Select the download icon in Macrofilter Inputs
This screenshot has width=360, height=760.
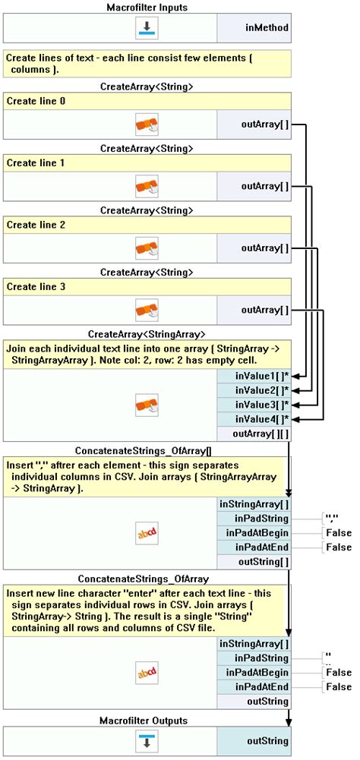click(x=147, y=27)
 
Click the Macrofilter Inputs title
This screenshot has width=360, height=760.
click(x=147, y=6)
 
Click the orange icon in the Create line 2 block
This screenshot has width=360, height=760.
click(x=147, y=248)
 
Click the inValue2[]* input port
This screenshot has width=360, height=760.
click(x=254, y=390)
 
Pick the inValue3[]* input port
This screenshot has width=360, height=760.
click(x=254, y=405)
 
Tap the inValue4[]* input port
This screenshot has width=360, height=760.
click(x=254, y=419)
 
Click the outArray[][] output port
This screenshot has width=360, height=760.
click(x=254, y=434)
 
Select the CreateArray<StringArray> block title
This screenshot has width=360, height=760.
click(x=147, y=334)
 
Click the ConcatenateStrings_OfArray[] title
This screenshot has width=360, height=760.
click(x=147, y=451)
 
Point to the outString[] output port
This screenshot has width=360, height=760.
click(x=254, y=562)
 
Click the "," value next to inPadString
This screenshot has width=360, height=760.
click(x=330, y=519)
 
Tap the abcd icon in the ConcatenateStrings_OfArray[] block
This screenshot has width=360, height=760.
click(x=147, y=533)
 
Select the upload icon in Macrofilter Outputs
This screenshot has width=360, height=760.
click(x=147, y=740)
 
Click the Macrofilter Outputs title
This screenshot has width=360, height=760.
click(x=147, y=720)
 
